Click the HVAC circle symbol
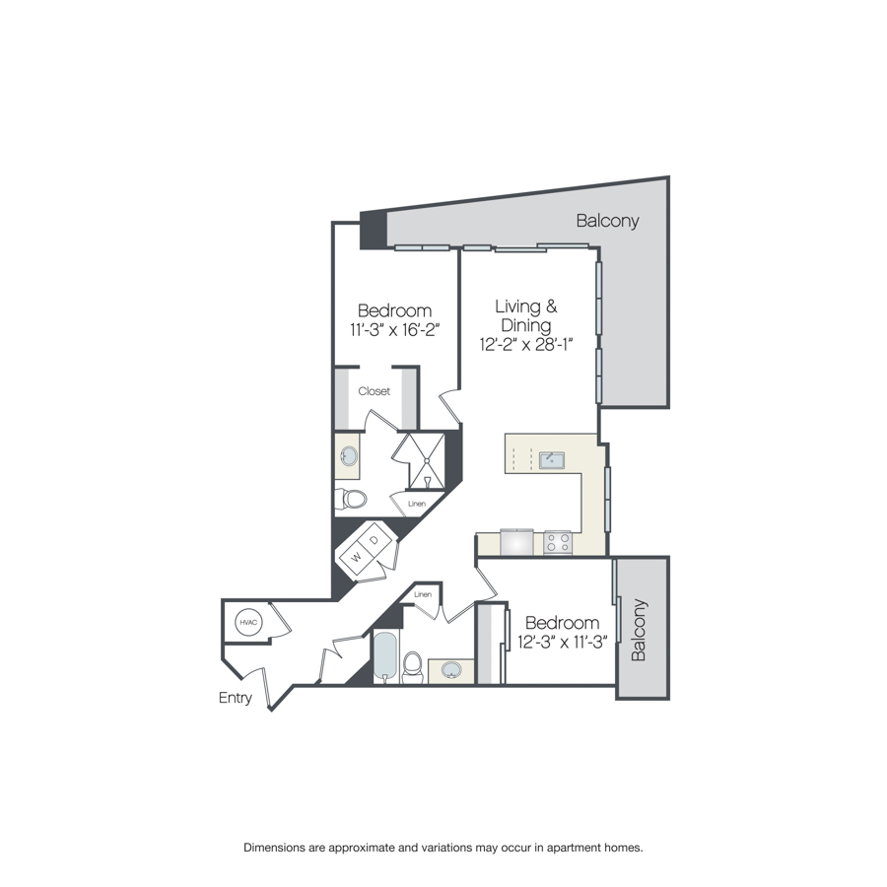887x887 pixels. coord(248,622)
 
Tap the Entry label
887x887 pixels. coord(235,698)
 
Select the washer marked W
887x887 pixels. coord(356,557)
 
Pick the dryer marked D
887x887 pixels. coord(374,540)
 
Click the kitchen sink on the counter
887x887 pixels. coord(552,460)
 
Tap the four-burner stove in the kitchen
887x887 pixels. coord(558,543)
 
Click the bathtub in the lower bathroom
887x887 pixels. coord(385,657)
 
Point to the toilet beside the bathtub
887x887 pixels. coord(412,667)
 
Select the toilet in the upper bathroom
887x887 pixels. coord(351,499)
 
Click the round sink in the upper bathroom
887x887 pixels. coord(349,456)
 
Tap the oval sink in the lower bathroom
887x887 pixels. coord(451,670)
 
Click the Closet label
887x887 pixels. coord(374,391)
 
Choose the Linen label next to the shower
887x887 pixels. coord(416,504)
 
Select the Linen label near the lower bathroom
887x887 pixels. coord(423,594)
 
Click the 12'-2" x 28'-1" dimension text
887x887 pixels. coord(526,345)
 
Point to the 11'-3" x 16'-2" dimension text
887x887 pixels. coord(395,330)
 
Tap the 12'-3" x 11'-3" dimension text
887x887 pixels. coord(563,642)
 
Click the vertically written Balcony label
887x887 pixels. coord(640,630)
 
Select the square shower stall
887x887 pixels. coord(427,461)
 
